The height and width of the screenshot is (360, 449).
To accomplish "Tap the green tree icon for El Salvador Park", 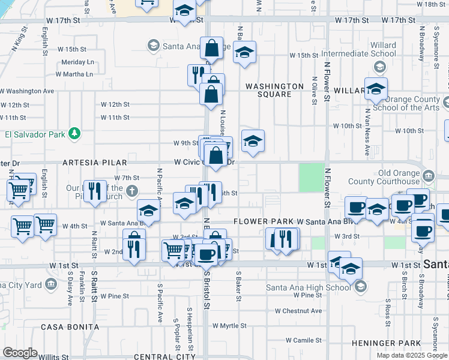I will pyautogui.click(x=74, y=133).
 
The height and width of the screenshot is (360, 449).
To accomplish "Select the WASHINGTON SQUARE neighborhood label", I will pyautogui.click(x=275, y=90).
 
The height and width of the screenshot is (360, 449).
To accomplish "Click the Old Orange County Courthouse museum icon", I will pyautogui.click(x=428, y=176).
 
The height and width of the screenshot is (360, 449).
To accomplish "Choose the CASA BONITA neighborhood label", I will pyautogui.click(x=70, y=327).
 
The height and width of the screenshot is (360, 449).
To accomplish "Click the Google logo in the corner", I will pyautogui.click(x=20, y=353).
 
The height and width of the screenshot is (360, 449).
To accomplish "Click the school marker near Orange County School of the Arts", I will pyautogui.click(x=376, y=89).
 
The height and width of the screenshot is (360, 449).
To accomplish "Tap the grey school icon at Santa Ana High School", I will pyautogui.click(x=361, y=287).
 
